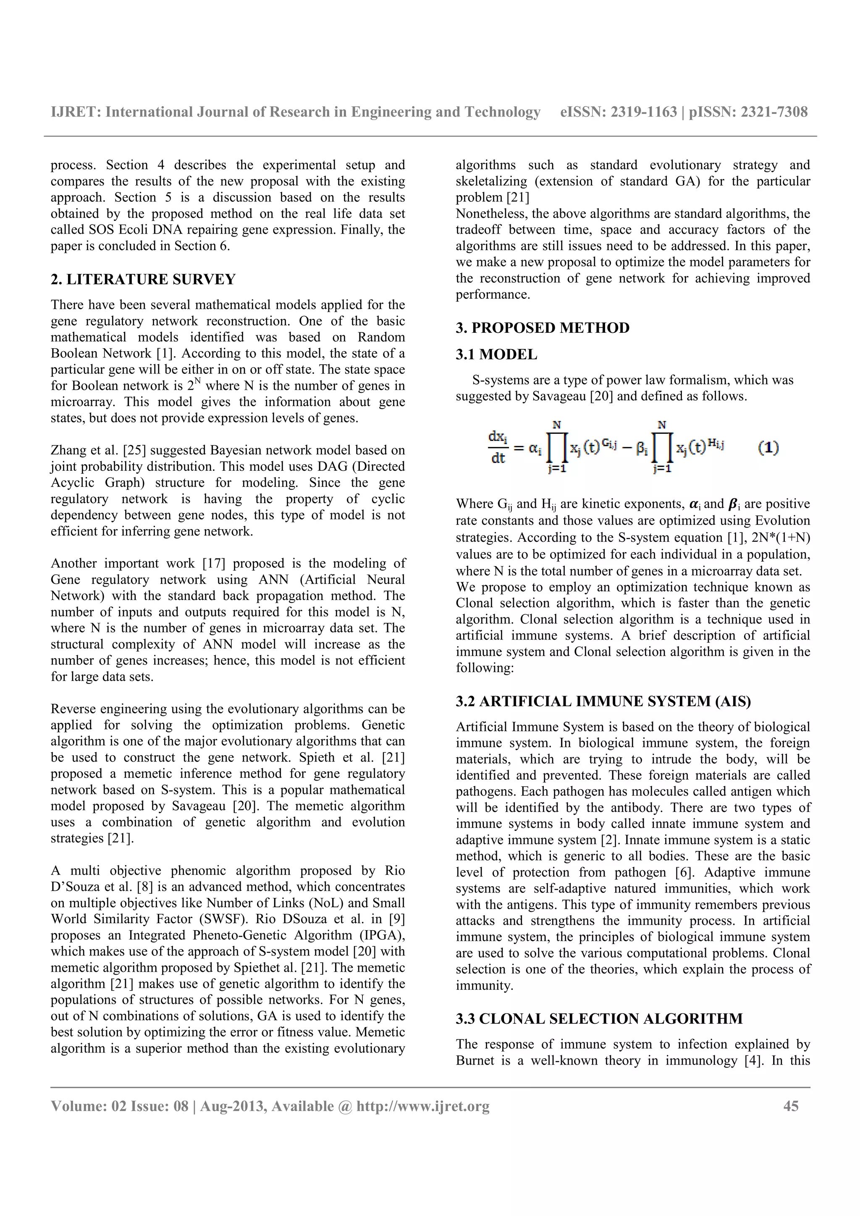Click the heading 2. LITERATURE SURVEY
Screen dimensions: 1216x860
tap(143, 279)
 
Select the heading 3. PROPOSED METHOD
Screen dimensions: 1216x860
tap(543, 328)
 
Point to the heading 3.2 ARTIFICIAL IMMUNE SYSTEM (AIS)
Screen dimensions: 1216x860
tap(603, 701)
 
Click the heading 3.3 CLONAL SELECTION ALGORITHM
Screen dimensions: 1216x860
tap(599, 1018)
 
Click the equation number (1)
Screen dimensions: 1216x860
tap(768, 448)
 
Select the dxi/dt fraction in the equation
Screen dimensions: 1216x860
tap(498, 448)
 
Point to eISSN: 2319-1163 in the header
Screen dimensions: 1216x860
tap(619, 112)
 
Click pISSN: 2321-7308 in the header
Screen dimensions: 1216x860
tap(748, 112)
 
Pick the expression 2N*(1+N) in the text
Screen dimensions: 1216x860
tap(781, 538)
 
